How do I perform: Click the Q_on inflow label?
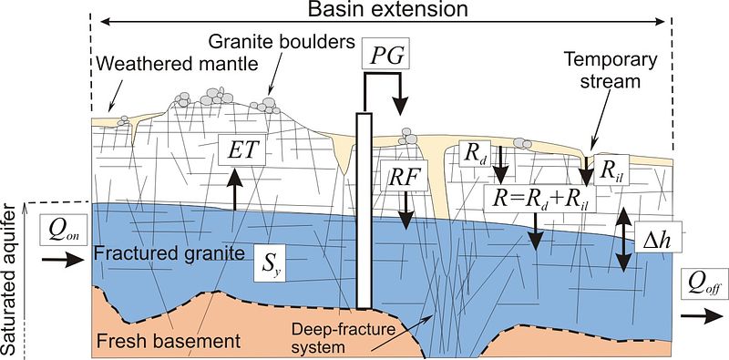point(63,230)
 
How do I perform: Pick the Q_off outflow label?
point(704,283)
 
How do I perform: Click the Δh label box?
point(658,237)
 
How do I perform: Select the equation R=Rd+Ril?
point(540,200)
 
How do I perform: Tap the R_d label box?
point(475,153)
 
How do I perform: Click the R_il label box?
point(611,170)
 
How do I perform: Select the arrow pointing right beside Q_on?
point(62,260)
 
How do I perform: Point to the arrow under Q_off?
point(702,316)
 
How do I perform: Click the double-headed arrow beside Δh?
point(623,241)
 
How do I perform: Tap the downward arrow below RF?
point(406,211)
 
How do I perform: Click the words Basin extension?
point(388,8)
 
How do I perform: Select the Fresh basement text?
point(169,342)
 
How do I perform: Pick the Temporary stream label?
point(611,70)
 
